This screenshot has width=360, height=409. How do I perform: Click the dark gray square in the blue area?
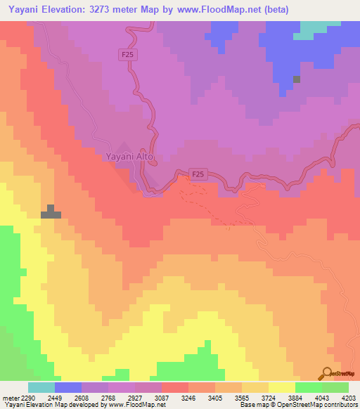point(297,79)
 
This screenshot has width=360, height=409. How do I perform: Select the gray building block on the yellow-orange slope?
point(51,212)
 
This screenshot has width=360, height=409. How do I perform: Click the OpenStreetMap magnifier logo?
point(327,372)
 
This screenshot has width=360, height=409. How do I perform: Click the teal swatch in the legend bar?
point(41,387)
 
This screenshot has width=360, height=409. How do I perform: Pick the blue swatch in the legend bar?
point(67,387)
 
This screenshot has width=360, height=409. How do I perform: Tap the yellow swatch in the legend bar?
point(281,387)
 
